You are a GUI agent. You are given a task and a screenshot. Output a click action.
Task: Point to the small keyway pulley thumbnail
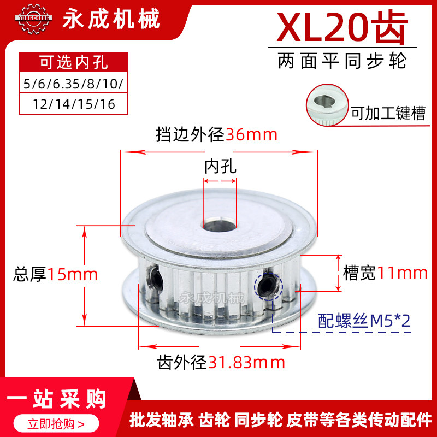pyautogui.click(x=325, y=101)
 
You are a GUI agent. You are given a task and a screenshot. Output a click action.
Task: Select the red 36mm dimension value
pyautogui.click(x=252, y=134)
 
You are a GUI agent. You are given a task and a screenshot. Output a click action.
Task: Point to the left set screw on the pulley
pyautogui.click(x=155, y=278)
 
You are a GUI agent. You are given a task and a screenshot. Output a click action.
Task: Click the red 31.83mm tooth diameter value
pyautogui.click(x=246, y=362)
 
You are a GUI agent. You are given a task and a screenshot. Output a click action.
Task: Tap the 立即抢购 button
pyautogui.click(x=57, y=422)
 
